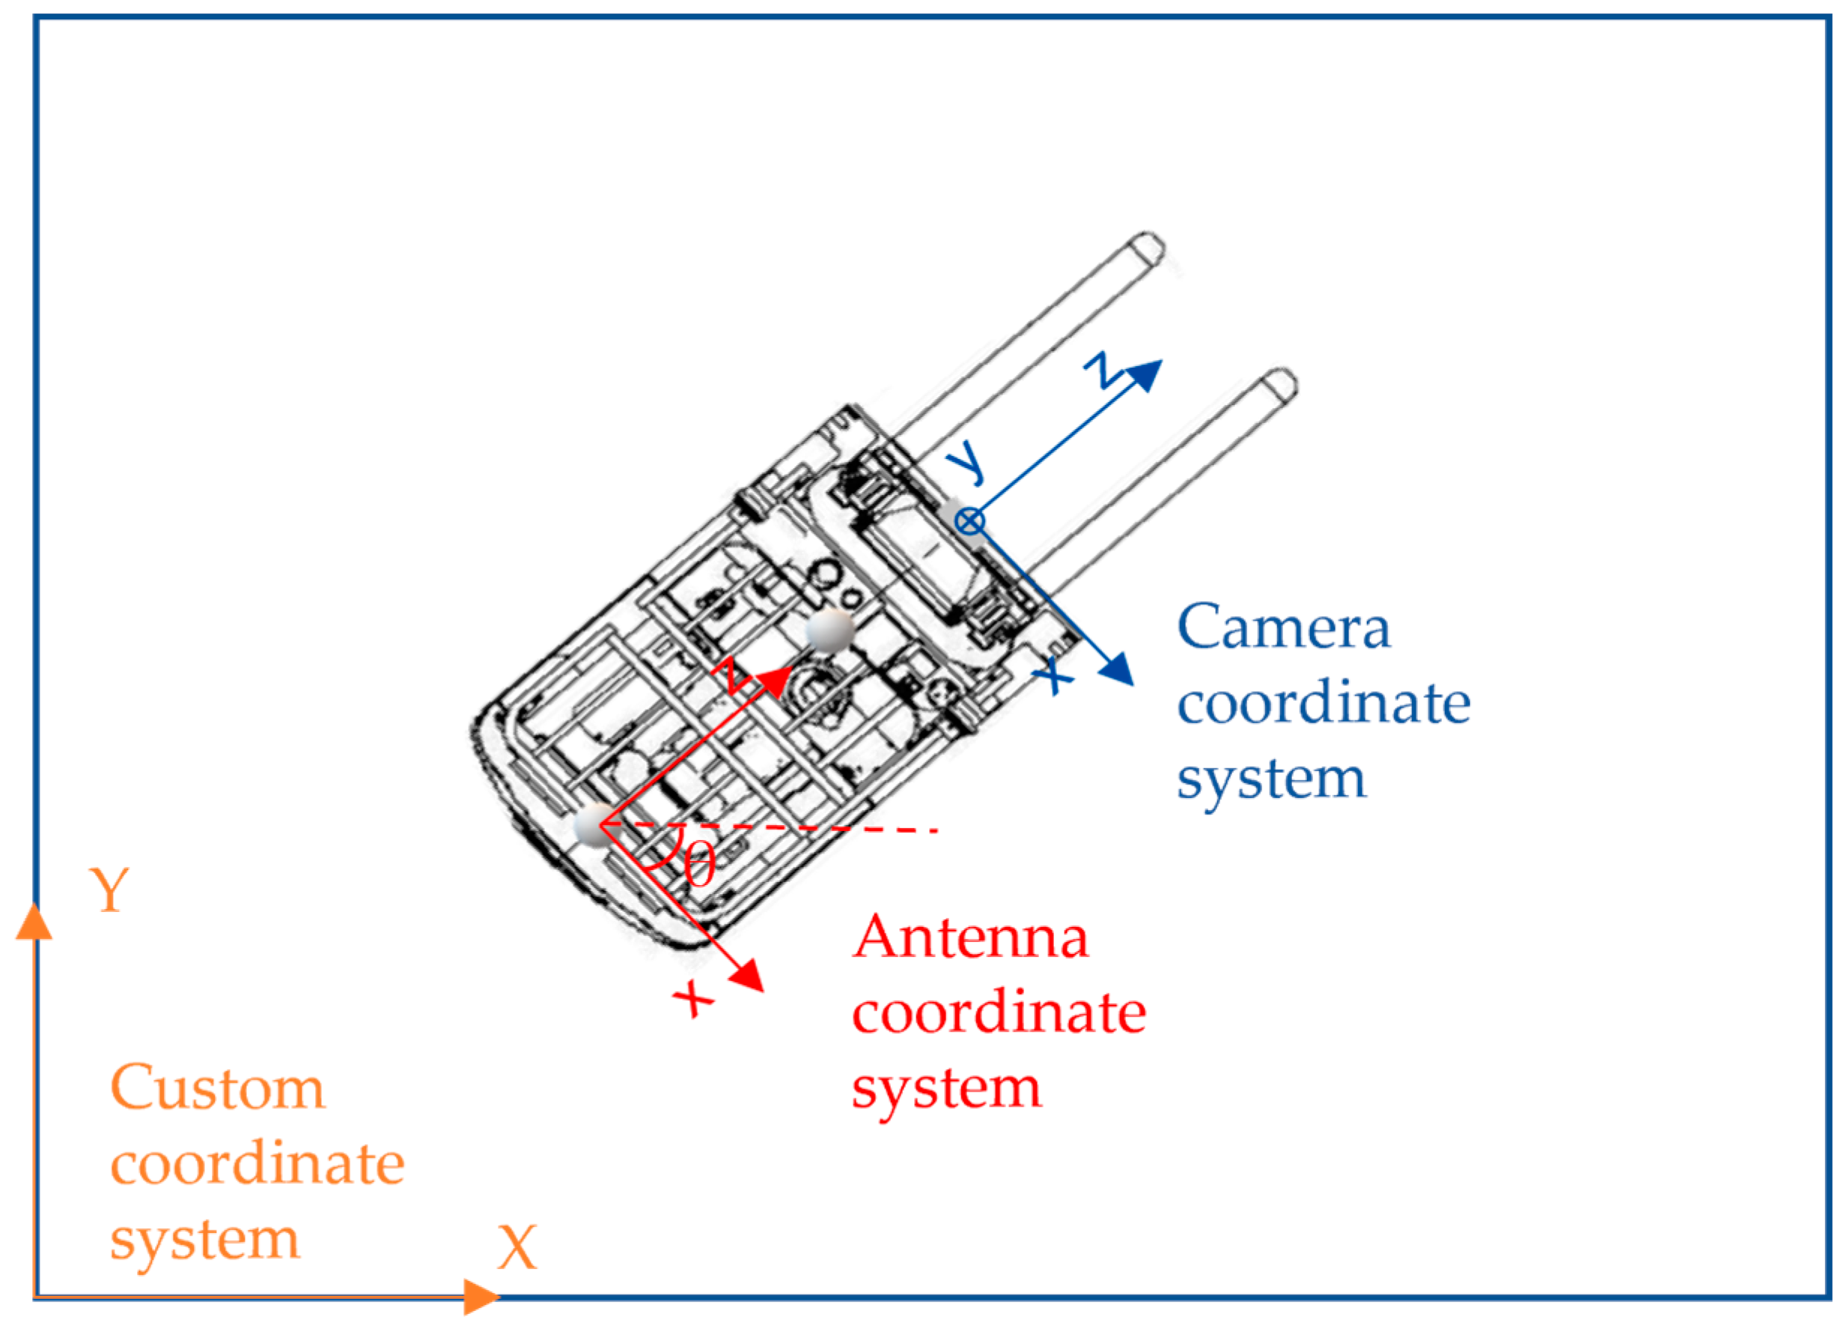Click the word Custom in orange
pos(217,1089)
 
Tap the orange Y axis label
pos(109,890)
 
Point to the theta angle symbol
pos(699,866)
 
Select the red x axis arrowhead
pos(747,975)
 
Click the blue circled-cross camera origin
pos(969,521)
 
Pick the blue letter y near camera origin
pos(967,463)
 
